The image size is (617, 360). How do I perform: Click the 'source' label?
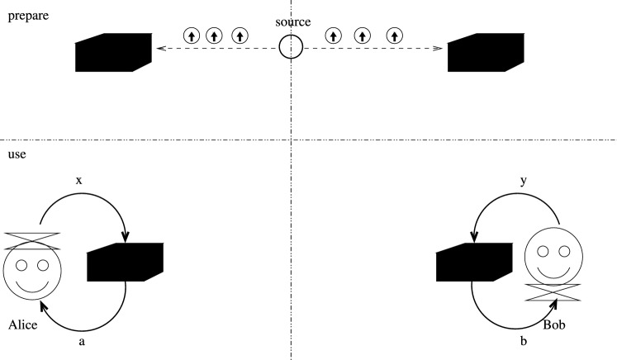pos(293,22)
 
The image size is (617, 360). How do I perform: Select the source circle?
pos(291,48)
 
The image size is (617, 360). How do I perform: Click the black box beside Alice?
pos(125,263)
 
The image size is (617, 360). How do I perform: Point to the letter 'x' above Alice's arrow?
pos(78,179)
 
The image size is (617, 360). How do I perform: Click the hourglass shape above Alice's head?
pos(33,240)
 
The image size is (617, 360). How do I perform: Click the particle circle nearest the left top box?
pos(192,36)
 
